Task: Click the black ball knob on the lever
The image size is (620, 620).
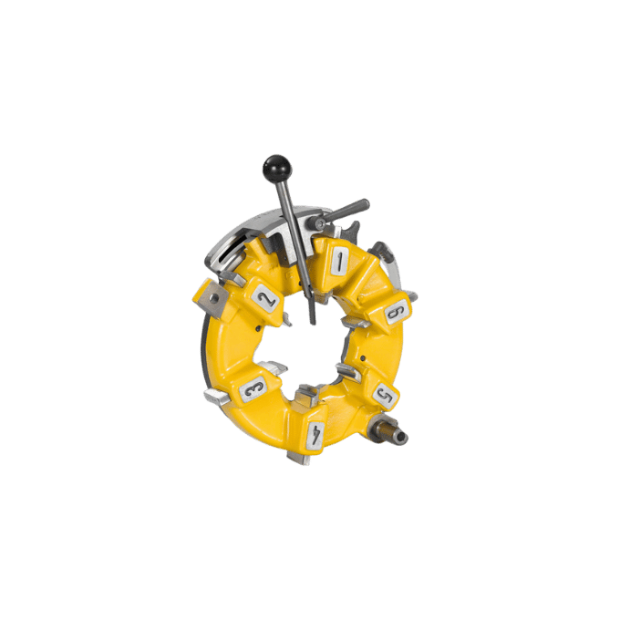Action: coord(276,168)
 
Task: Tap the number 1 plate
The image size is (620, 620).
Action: coord(340,261)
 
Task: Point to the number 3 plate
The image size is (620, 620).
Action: coord(253,389)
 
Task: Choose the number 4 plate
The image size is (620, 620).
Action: coord(316,435)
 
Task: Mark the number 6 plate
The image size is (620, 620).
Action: coord(397,313)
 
